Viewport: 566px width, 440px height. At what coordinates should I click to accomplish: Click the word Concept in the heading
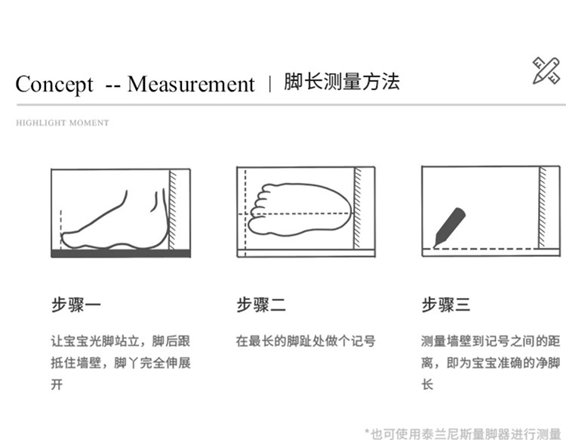[54, 85]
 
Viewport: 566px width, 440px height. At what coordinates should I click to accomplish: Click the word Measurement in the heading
[191, 84]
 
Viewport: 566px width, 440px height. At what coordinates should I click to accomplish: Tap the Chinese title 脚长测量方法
[341, 82]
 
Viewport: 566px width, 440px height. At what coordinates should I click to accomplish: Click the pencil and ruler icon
[546, 71]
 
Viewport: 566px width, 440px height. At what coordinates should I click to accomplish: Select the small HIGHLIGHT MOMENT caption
[62, 123]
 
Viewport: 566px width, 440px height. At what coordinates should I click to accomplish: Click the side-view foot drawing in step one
[115, 221]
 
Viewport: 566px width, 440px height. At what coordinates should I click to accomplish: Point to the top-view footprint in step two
[300, 209]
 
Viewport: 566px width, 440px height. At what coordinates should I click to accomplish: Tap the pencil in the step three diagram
[450, 227]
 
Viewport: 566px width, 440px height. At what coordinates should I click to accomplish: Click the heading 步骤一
[75, 305]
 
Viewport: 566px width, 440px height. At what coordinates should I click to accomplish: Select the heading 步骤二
[261, 305]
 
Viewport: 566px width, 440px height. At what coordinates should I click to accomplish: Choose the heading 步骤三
[446, 305]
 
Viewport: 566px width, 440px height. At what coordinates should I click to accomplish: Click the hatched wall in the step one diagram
[173, 209]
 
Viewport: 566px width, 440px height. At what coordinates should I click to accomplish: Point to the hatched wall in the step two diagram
[358, 208]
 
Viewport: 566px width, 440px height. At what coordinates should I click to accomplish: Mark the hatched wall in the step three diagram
[543, 207]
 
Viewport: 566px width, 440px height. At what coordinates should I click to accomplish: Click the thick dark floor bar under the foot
[121, 253]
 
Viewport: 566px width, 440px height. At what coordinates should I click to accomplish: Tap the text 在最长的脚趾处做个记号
[306, 341]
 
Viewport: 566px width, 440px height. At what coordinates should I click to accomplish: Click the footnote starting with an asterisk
[463, 433]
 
